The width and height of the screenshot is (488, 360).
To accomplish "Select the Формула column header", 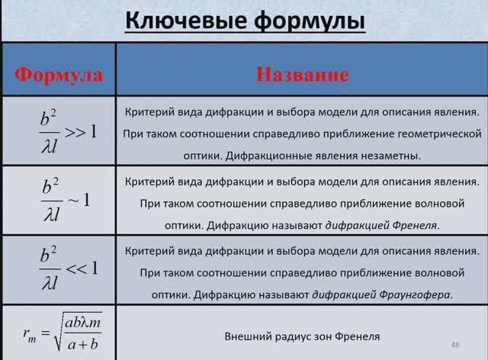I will pos(59,75).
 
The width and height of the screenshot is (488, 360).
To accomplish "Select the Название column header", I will pos(303,75).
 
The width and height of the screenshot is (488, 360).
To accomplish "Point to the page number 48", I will pos(456,344).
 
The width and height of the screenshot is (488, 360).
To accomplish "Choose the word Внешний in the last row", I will pos(247,336).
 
